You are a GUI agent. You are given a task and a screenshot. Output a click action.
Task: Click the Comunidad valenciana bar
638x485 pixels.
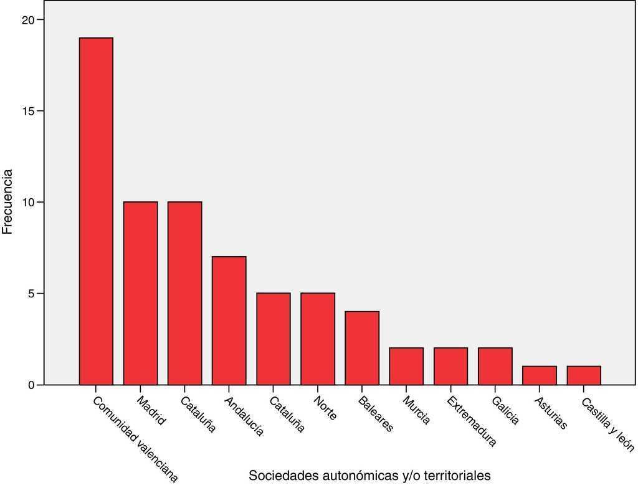[96, 211]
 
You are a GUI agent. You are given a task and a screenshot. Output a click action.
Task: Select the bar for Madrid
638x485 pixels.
[140, 293]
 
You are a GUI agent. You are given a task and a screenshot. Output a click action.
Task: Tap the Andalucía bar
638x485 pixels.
[229, 320]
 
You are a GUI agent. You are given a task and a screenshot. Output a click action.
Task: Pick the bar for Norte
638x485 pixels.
[318, 339]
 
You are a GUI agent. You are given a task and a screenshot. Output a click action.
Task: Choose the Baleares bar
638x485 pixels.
[362, 348]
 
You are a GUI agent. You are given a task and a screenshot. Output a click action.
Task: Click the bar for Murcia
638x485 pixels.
[406, 366]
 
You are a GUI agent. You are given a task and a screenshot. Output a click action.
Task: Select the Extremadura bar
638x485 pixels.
[450, 366]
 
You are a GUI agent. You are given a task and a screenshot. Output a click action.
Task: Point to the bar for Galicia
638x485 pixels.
[495, 366]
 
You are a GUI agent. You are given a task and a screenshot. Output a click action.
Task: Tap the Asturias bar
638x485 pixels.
[539, 375]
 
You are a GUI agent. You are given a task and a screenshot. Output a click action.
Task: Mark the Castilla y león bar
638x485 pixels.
[584, 375]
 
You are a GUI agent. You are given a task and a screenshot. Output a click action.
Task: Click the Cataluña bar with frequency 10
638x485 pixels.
[184, 293]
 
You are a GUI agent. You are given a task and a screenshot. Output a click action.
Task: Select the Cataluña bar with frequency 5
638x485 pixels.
[274, 339]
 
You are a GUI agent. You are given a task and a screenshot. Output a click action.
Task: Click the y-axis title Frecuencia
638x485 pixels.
[7, 201]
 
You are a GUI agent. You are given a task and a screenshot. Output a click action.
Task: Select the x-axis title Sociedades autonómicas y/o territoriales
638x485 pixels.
[369, 476]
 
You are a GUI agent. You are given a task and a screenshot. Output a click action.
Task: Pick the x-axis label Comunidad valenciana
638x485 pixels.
[135, 438]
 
